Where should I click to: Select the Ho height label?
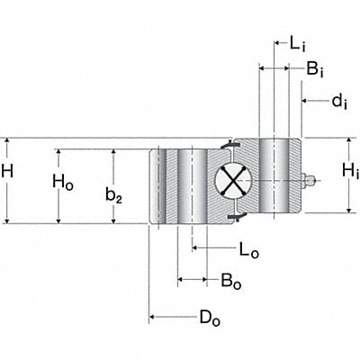pos(62,182)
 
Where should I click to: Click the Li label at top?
pos(298,41)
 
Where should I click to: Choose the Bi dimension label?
pos(315,68)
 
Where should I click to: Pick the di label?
pos(339,101)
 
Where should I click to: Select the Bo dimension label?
pos(230,280)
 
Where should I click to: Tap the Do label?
pos(209,316)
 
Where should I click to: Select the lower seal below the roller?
pos(234,217)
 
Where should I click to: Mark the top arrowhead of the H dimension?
pos(7,142)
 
